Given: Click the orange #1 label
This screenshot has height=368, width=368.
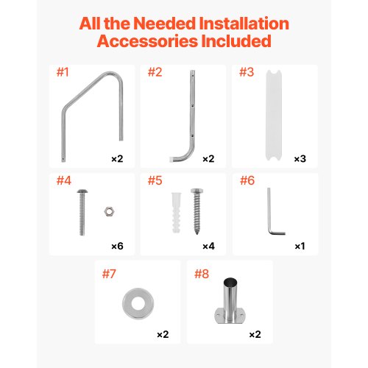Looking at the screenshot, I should point(63,73).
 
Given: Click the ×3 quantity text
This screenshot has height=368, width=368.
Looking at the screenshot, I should point(300,158).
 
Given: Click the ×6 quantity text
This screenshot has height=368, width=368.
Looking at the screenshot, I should point(117,246).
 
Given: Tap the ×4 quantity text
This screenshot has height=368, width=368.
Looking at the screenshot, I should point(208,246).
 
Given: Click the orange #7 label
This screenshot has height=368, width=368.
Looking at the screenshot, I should point(109,274).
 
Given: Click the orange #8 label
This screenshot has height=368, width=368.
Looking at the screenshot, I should point(201,274).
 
